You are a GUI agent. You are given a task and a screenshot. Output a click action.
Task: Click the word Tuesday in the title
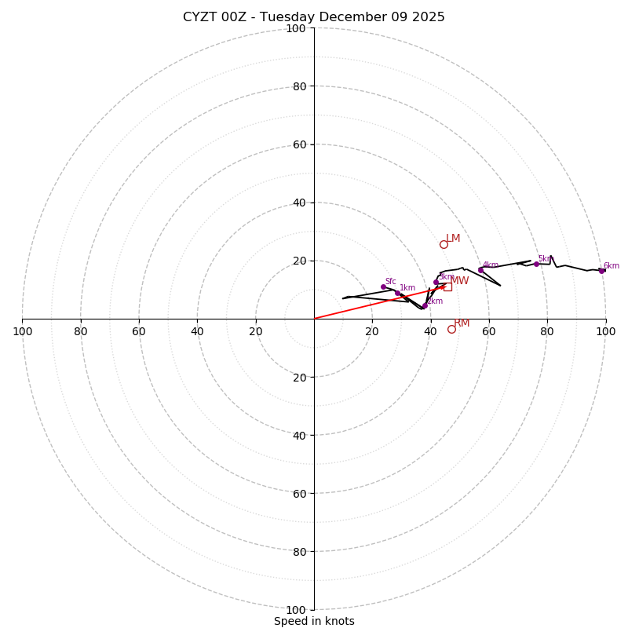(286, 17)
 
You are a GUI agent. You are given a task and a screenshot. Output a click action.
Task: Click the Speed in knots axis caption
(314, 621)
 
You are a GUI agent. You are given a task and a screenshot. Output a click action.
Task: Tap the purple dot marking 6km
(601, 271)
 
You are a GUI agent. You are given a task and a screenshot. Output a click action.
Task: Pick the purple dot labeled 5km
(536, 264)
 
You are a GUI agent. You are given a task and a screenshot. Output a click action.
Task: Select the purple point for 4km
(480, 270)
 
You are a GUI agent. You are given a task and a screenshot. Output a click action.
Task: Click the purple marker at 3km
(436, 282)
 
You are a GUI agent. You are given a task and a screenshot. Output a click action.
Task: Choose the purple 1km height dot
(397, 293)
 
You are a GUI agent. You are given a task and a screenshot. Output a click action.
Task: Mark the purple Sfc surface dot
(383, 287)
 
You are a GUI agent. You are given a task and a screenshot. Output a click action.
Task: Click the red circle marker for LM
(444, 244)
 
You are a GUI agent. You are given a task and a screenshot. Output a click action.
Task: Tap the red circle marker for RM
(451, 329)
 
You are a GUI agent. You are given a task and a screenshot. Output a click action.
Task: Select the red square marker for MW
(447, 287)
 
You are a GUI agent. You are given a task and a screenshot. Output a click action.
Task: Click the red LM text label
(454, 239)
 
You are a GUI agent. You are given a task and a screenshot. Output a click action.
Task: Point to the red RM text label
(462, 323)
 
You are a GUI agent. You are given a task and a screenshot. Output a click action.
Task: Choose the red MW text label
(459, 281)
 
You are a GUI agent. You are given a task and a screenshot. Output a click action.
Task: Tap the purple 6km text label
(612, 266)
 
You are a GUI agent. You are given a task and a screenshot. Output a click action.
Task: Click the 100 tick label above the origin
(296, 28)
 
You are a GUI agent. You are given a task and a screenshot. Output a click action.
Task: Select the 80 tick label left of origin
(81, 331)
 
